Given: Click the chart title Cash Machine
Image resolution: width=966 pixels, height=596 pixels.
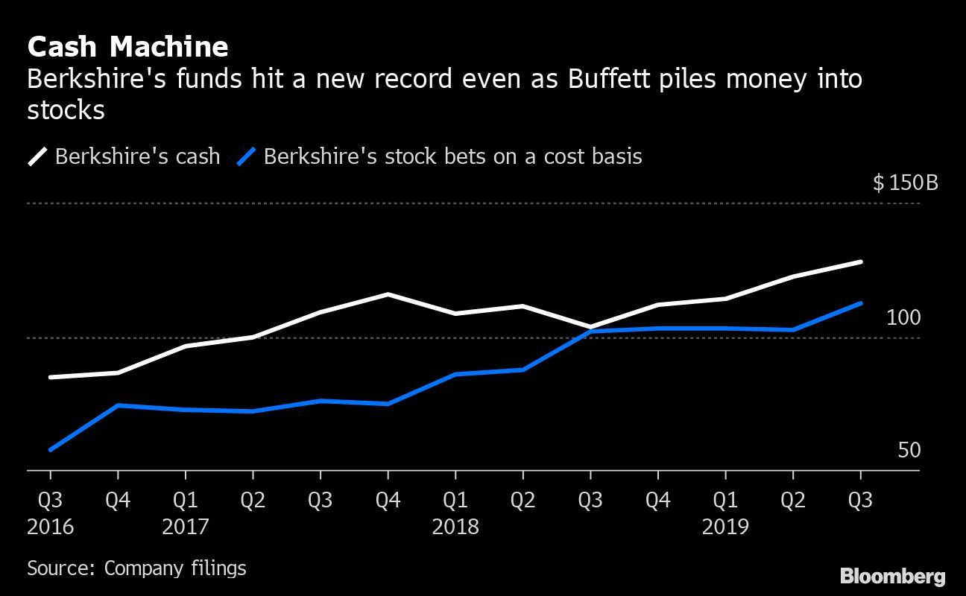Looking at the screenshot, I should pyautogui.click(x=127, y=47).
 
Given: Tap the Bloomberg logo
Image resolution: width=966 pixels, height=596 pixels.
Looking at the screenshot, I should pyautogui.click(x=892, y=576).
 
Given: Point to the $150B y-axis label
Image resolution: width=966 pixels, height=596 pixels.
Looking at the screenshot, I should pyautogui.click(x=905, y=183).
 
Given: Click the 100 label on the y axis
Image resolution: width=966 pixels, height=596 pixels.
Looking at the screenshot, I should pyautogui.click(x=903, y=317).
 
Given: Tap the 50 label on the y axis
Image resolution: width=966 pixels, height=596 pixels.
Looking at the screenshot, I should pyautogui.click(x=909, y=451).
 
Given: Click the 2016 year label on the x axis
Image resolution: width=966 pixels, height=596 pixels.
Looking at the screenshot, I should pyautogui.click(x=51, y=527).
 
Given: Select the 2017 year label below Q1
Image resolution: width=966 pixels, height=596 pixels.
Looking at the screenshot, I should pyautogui.click(x=186, y=527).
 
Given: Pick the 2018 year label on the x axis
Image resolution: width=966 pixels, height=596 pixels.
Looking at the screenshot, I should pyautogui.click(x=455, y=527).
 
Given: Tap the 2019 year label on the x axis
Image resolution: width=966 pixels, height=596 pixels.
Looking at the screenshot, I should pyautogui.click(x=725, y=527).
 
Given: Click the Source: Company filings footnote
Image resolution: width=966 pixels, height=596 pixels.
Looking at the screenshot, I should pyautogui.click(x=136, y=568).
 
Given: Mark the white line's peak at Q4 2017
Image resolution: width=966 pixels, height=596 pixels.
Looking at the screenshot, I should pyautogui.click(x=388, y=294).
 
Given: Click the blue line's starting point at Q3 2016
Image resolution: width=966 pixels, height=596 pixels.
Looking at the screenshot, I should pyautogui.click(x=51, y=450).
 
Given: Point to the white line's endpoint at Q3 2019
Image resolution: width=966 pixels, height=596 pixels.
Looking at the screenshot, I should pyautogui.click(x=861, y=262).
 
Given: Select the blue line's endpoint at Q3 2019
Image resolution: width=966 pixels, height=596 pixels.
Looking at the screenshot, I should pyautogui.click(x=861, y=303).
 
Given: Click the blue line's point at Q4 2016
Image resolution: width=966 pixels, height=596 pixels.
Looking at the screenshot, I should pyautogui.click(x=118, y=405).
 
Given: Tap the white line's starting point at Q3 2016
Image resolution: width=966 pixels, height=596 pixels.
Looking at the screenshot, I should pyautogui.click(x=51, y=378).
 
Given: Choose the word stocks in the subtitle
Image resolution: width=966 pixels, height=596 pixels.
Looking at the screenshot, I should pyautogui.click(x=66, y=110).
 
